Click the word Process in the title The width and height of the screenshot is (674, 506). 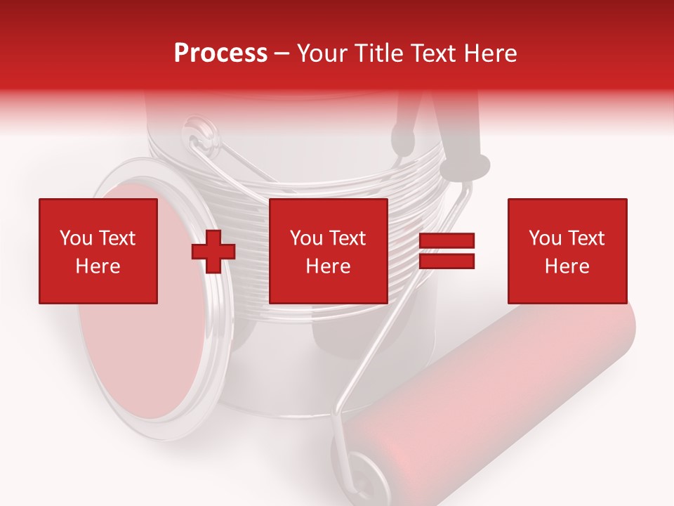(x=220, y=53)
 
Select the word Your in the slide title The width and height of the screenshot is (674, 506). (x=324, y=53)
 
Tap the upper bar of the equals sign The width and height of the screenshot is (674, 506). (x=447, y=241)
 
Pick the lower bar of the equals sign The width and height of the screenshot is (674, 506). (x=447, y=261)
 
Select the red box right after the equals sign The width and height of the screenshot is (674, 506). (x=567, y=252)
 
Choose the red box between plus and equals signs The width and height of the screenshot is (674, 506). (x=329, y=252)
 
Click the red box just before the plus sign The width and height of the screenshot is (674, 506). (x=98, y=252)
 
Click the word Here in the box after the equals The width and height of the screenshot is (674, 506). (x=567, y=266)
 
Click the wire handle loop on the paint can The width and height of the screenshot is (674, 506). (x=204, y=141)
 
